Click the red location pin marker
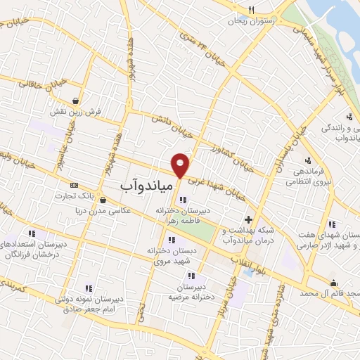point(181,164)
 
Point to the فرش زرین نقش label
point(70,111)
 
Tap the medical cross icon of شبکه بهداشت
point(247,221)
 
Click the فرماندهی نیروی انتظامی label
point(304,176)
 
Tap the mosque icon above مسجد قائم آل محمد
point(333,283)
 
